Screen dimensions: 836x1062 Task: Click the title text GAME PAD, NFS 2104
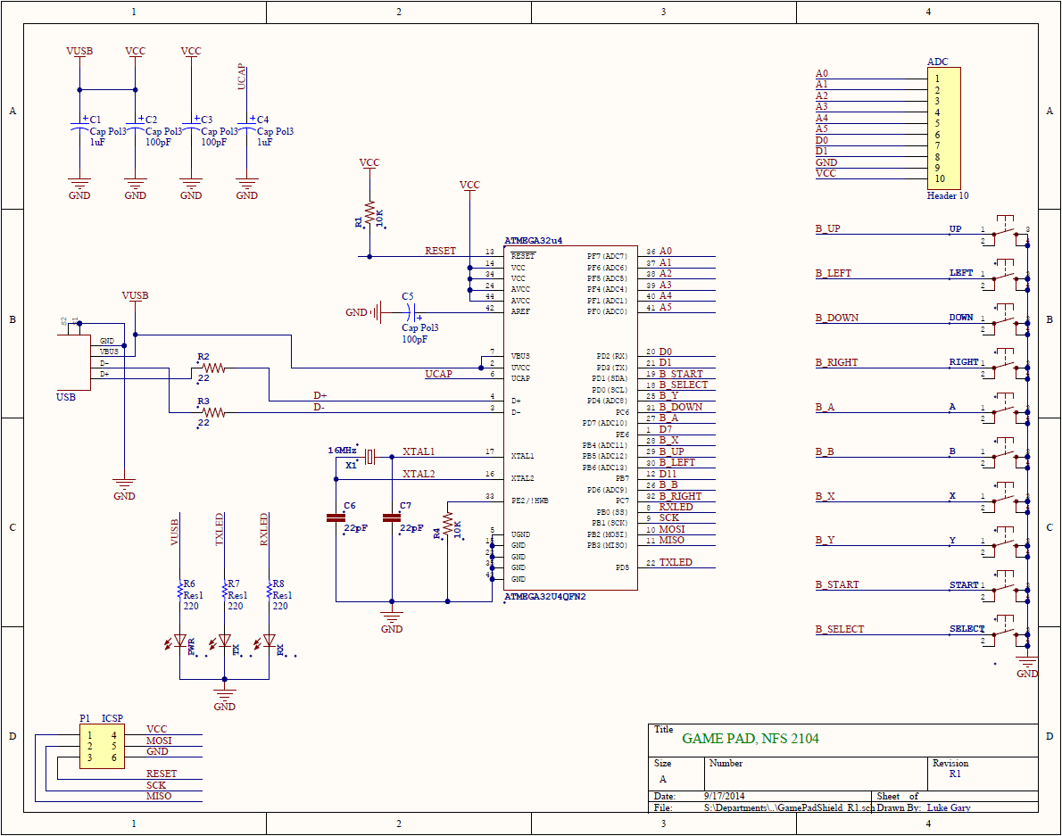[x=750, y=739]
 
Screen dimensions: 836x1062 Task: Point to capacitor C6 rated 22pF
[x=336, y=517]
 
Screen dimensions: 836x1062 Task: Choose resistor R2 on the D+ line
[x=212, y=367]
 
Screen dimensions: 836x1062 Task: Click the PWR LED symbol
[x=180, y=641]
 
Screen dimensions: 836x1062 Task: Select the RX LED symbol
[x=270, y=641]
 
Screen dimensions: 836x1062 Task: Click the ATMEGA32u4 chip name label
[x=534, y=241]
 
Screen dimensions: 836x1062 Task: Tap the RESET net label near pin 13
[x=440, y=252]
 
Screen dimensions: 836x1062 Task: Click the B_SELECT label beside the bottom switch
[x=840, y=629]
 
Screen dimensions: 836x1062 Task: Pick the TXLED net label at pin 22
[x=676, y=563]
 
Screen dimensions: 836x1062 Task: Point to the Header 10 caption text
[x=947, y=195]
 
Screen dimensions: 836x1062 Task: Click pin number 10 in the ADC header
[x=940, y=178]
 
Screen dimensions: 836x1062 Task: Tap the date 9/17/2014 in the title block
[x=725, y=796]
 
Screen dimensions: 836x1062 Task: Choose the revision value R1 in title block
[x=955, y=774]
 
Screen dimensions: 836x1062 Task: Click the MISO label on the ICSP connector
[x=159, y=796]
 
